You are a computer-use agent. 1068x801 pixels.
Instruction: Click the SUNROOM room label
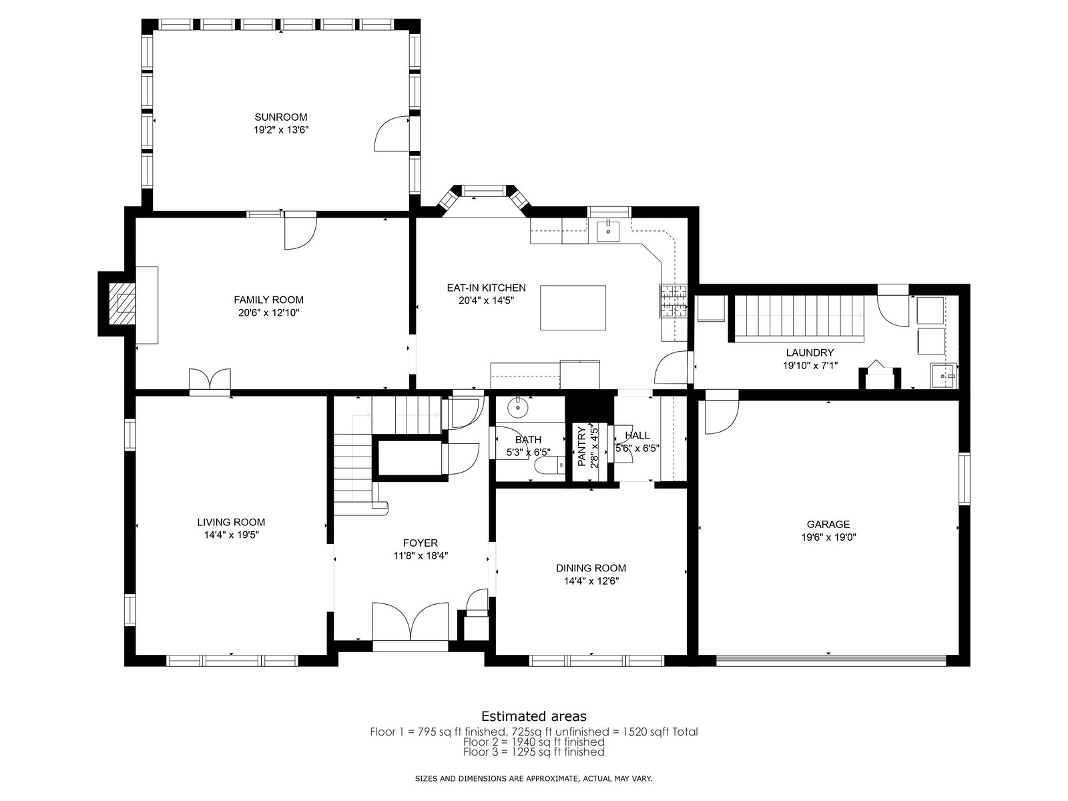pos(281,117)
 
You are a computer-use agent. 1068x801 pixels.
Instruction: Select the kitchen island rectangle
pos(573,308)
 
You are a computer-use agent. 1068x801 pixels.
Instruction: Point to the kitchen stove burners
pos(674,300)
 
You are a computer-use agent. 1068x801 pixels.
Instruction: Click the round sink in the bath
pos(519,408)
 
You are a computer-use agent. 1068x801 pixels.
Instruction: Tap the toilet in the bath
pos(550,465)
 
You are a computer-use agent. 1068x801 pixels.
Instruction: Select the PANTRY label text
pos(582,447)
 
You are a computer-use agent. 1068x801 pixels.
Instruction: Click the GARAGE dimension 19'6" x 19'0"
pos(828,537)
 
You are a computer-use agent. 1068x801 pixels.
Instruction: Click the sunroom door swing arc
pos(392,133)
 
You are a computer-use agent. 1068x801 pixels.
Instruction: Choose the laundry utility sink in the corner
pos(943,376)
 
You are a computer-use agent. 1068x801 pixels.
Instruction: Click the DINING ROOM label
pos(591,568)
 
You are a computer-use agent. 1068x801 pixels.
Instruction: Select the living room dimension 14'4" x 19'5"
pos(231,535)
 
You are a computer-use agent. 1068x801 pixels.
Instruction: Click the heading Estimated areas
pos(534,716)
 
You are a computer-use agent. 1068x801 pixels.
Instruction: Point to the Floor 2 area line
pos(534,742)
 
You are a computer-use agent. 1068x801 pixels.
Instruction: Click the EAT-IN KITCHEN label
pos(487,288)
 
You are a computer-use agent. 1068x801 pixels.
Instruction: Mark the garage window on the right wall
pos(965,479)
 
